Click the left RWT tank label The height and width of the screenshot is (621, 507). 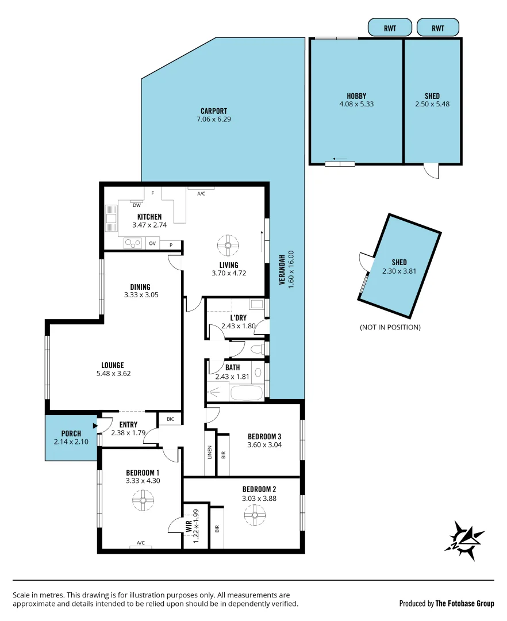(x=390, y=27)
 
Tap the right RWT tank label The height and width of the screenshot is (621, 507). (x=438, y=27)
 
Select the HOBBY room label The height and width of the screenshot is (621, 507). (x=356, y=96)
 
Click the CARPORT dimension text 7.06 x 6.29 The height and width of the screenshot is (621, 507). (x=214, y=119)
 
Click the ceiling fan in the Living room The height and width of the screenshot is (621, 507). (x=228, y=246)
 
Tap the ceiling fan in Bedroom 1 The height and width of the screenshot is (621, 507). (x=141, y=501)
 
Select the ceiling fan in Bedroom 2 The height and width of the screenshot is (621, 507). (x=254, y=516)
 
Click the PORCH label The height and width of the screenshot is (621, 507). (x=71, y=434)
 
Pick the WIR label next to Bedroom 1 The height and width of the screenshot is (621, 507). (x=189, y=526)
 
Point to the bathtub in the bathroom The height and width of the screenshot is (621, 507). (x=246, y=394)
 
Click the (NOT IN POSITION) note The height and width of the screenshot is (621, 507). (x=390, y=327)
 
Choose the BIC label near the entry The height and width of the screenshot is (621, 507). (x=170, y=419)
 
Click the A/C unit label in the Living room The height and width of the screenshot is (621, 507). (x=201, y=194)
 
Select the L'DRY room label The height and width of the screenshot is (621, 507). (x=239, y=317)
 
